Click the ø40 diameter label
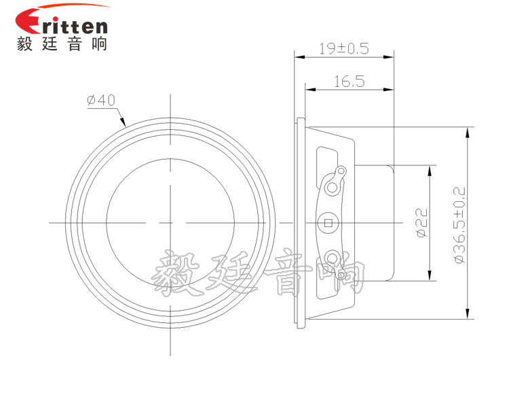coord(101,100)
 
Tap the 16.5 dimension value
coord(350,82)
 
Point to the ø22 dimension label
coord(420,223)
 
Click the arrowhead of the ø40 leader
coord(124,124)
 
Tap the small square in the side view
coord(329,222)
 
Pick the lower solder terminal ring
coord(332,258)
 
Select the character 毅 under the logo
coord(27,44)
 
